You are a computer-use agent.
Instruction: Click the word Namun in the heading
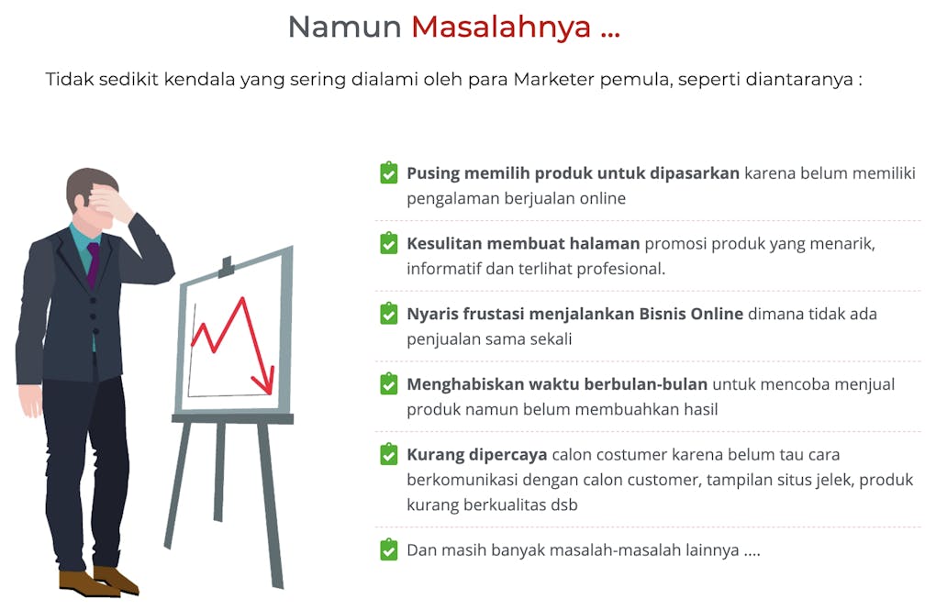coord(344,28)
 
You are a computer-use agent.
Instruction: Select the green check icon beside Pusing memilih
coord(388,173)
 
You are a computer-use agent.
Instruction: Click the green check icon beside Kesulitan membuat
coord(388,243)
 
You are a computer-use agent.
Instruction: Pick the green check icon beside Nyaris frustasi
coord(388,314)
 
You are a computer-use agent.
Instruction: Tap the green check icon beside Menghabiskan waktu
coord(388,384)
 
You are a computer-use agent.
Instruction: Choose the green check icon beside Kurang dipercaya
coord(388,455)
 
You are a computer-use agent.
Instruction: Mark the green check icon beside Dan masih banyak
coord(388,549)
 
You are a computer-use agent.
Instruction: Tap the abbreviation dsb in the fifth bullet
coord(564,505)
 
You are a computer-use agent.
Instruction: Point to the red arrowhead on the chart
coord(265,382)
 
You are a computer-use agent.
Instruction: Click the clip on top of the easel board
coord(226,268)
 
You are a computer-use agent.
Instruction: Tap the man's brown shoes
coord(99,582)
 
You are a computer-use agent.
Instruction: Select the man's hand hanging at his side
coord(31,401)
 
